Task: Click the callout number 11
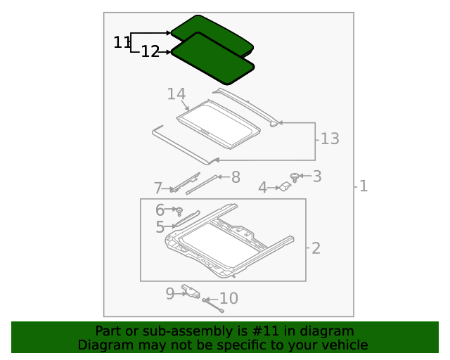click(122, 42)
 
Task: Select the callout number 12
click(150, 51)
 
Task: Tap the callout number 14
click(176, 94)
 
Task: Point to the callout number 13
click(329, 139)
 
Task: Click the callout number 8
click(236, 177)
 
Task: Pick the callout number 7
click(158, 188)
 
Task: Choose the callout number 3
click(317, 176)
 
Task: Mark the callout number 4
click(262, 188)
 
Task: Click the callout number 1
click(363, 186)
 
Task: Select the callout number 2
click(316, 247)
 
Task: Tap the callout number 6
click(160, 210)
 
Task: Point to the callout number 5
click(160, 227)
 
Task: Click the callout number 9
click(170, 293)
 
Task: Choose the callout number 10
click(229, 299)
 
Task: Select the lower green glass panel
click(212, 59)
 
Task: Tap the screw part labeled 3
click(295, 176)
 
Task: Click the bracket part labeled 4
click(285, 187)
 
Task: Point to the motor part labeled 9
click(190, 290)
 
